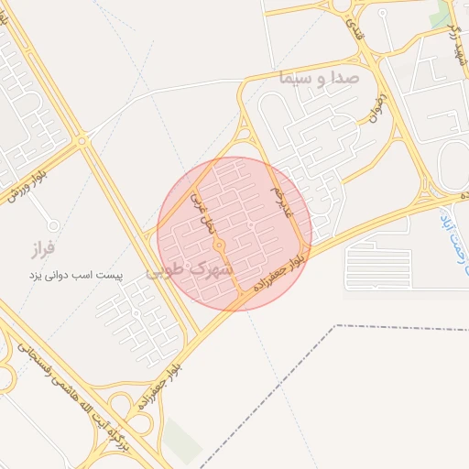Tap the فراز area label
pos(43,247)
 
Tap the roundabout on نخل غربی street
pos(220,246)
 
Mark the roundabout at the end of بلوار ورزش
pos(82,141)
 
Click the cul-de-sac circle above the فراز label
pos(53,224)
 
